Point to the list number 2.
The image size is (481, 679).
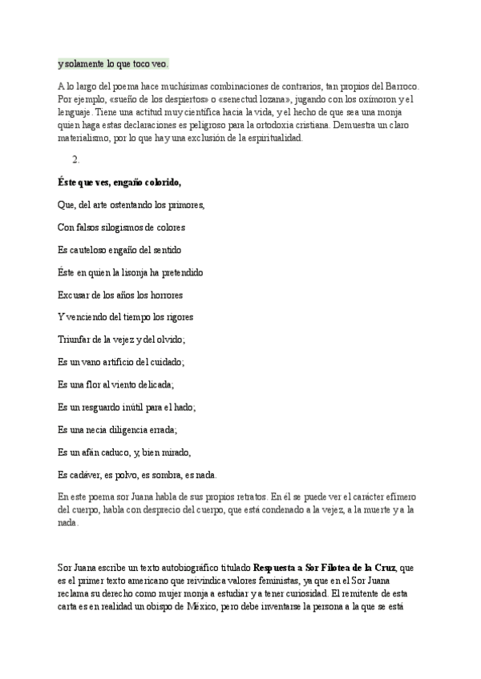pos(77,159)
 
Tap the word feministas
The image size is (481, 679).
pos(261,581)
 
